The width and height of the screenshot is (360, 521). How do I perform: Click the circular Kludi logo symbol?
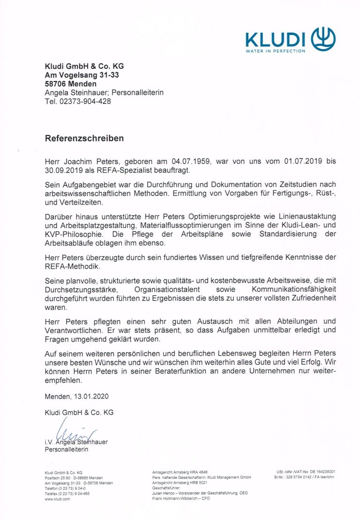pos(324,38)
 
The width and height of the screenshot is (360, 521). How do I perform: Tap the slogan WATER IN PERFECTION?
pos(275,51)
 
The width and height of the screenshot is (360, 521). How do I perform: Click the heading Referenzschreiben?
pos(84,138)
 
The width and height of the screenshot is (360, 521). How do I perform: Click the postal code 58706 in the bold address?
pos(55,84)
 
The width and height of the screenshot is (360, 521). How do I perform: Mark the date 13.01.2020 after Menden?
pos(91,396)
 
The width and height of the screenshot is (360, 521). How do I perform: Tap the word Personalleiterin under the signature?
pos(66,449)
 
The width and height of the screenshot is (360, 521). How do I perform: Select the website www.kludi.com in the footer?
pos(57,499)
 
